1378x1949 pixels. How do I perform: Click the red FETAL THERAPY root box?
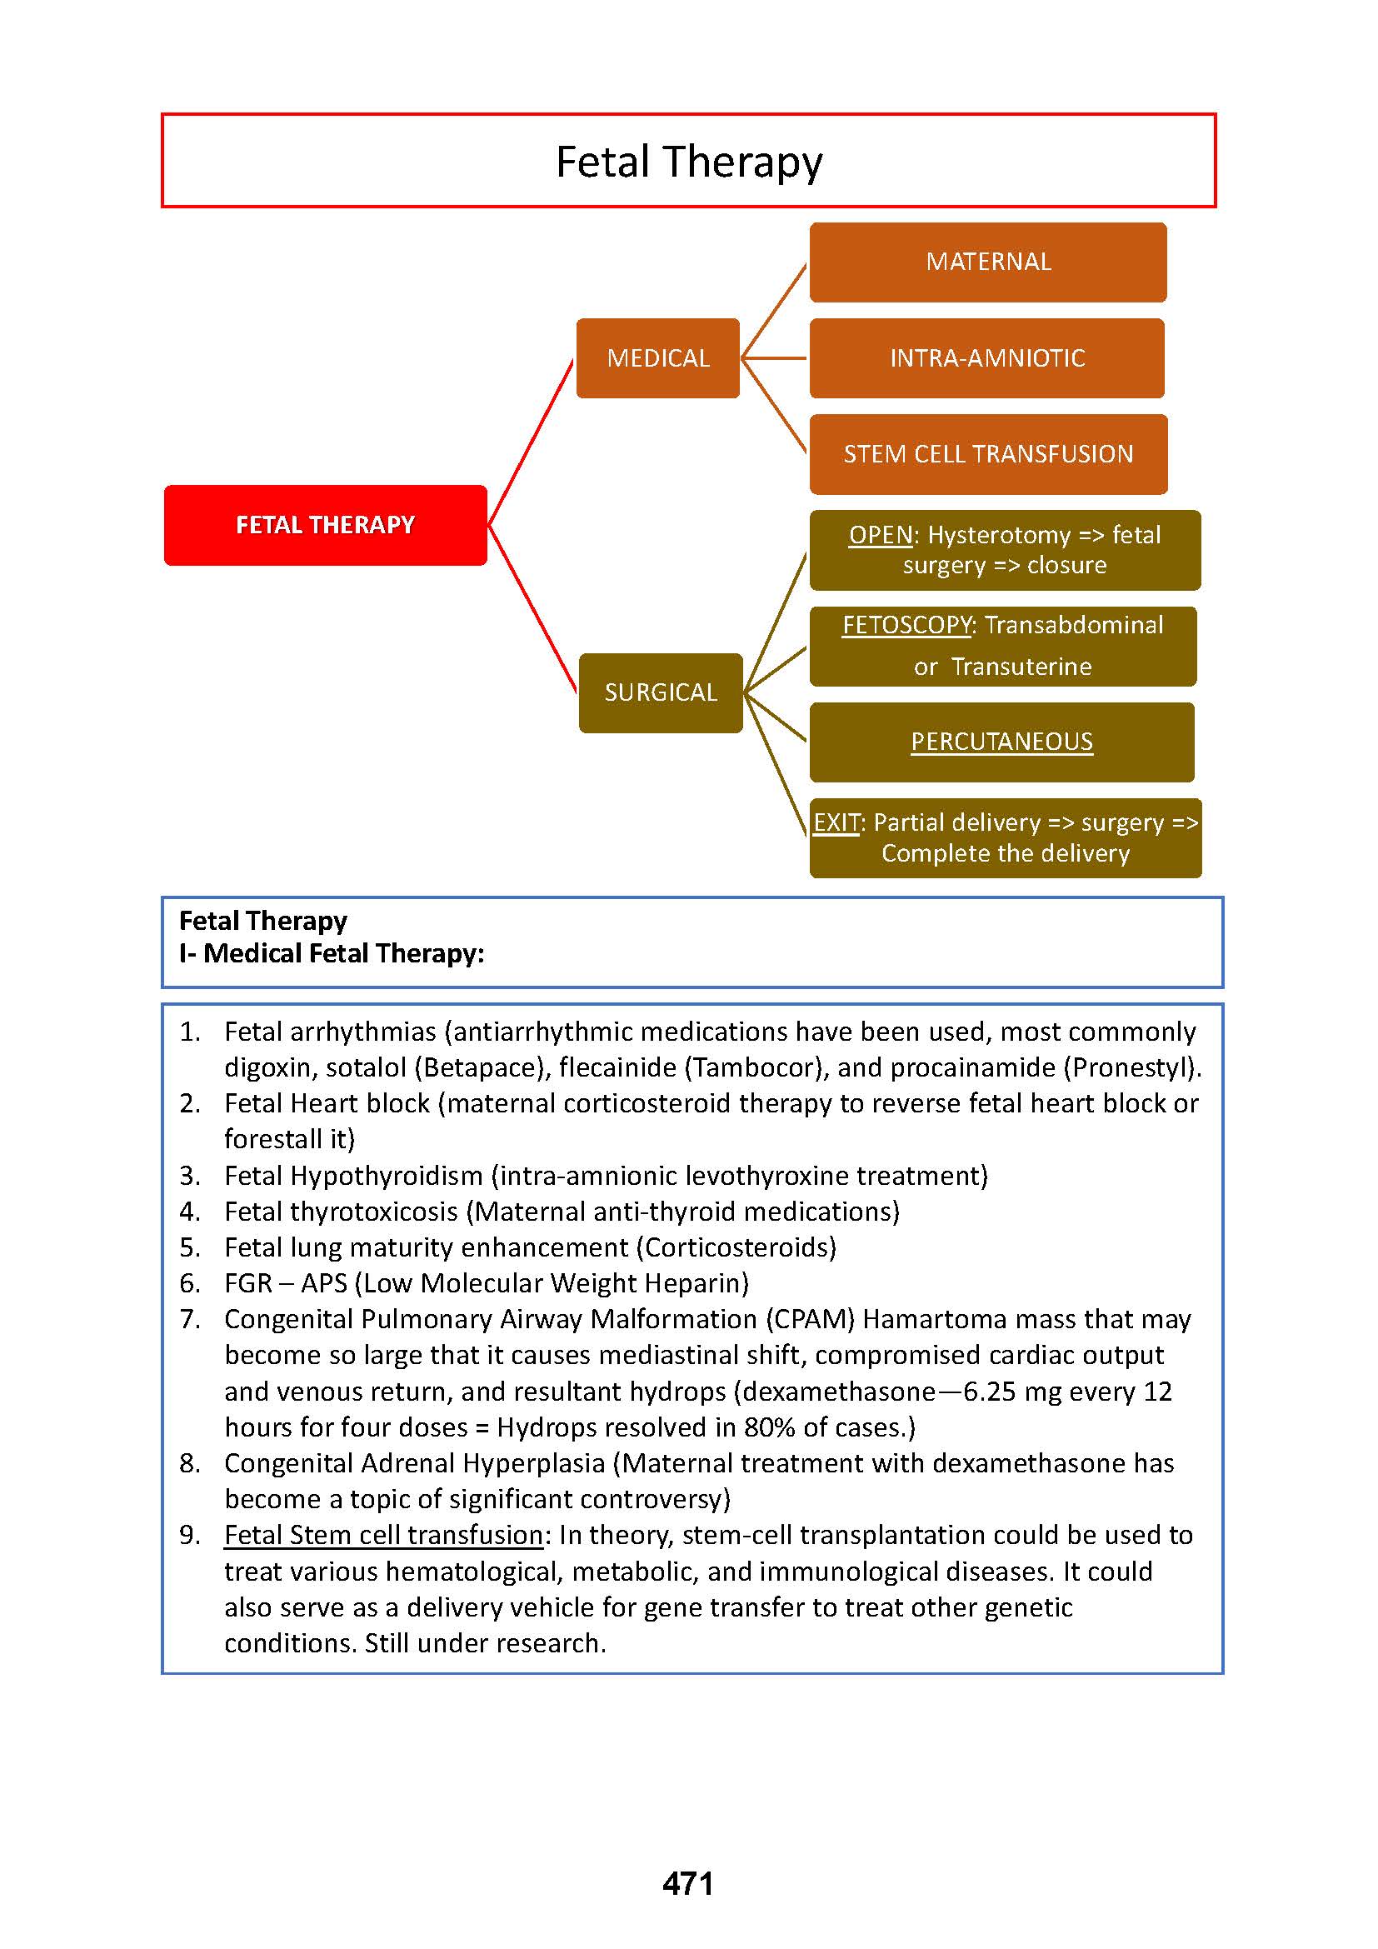click(325, 525)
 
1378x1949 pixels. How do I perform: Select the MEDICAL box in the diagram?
click(657, 358)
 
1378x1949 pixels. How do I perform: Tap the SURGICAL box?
click(660, 692)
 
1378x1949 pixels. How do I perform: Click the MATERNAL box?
click(988, 262)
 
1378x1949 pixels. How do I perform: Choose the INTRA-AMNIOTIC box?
click(986, 358)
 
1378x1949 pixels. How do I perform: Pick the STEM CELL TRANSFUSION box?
click(988, 454)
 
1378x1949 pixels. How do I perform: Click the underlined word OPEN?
click(880, 536)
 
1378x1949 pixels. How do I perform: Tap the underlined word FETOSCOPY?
click(906, 626)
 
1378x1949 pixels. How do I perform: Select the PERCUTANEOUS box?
click(1001, 742)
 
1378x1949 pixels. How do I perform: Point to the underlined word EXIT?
click(836, 822)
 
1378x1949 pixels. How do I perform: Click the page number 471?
click(687, 1884)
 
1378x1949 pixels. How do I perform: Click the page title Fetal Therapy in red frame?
click(688, 162)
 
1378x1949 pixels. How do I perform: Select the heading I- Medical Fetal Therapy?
click(332, 954)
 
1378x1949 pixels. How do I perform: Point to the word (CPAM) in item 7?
click(811, 1319)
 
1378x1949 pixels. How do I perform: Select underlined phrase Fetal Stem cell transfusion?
click(383, 1536)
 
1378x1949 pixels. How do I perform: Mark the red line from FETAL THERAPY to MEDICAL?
click(532, 442)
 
